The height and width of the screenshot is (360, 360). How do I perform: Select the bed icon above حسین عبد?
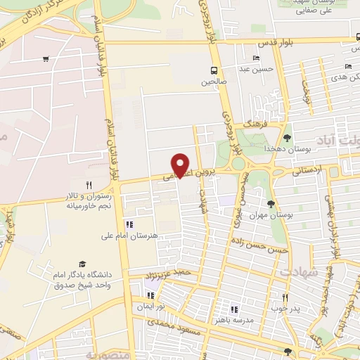(255, 58)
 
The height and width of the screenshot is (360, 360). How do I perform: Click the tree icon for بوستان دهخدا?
(287, 137)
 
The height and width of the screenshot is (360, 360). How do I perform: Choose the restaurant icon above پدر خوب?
(285, 297)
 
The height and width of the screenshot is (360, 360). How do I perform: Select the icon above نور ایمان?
(150, 295)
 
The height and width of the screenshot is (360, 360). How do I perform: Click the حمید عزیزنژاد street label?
(168, 272)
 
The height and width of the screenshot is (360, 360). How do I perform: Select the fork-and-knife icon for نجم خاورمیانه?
(88, 185)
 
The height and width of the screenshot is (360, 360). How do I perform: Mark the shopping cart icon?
(46, 59)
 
